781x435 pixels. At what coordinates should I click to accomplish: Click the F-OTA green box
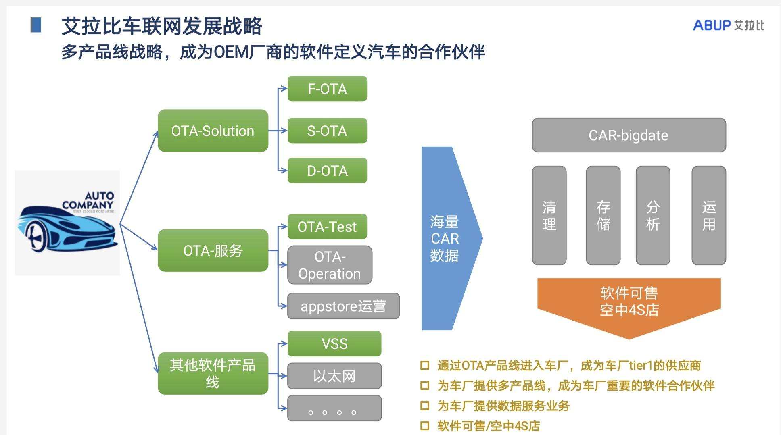click(327, 89)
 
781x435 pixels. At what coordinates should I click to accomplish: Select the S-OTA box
click(327, 131)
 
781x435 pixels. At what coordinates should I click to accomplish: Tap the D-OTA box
click(327, 171)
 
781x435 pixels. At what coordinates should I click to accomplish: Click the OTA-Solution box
click(213, 131)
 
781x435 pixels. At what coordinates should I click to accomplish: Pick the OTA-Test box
click(327, 227)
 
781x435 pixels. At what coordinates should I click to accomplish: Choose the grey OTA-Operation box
click(330, 265)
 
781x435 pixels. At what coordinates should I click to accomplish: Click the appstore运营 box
click(343, 306)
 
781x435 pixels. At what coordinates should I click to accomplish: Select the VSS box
click(334, 343)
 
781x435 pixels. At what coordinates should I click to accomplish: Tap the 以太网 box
click(334, 376)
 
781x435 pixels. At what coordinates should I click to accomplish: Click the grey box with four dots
click(334, 408)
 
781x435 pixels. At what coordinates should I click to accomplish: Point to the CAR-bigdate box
click(629, 135)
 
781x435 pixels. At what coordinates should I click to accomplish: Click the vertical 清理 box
click(549, 215)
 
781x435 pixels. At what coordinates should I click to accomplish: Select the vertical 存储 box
click(603, 215)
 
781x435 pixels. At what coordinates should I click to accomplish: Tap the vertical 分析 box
click(653, 215)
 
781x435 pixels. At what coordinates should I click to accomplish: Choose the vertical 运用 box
click(709, 215)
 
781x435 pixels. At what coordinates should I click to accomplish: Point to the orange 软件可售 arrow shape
click(629, 302)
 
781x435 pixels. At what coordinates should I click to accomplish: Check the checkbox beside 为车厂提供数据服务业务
click(425, 405)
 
